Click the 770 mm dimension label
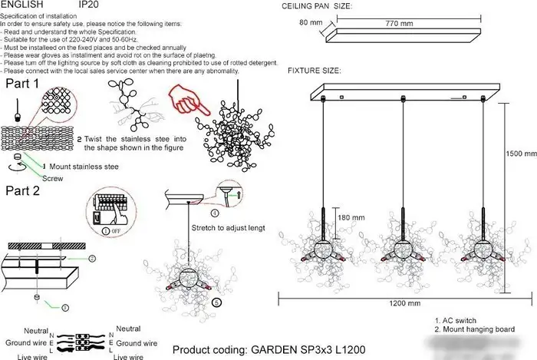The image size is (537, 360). tap(397, 24)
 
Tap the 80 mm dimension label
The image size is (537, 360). tap(310, 23)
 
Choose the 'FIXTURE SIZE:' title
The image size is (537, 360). tap(315, 71)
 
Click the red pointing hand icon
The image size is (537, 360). tap(183, 101)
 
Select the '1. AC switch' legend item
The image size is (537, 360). tap(456, 320)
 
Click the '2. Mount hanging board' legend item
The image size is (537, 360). tap(473, 329)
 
